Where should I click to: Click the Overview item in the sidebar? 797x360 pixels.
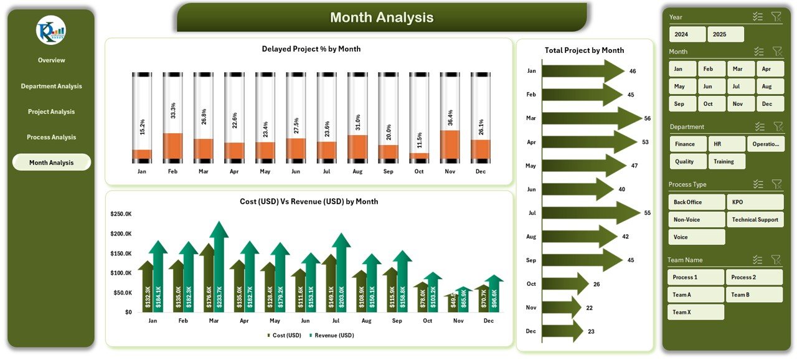click(x=51, y=60)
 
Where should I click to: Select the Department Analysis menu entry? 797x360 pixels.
click(x=51, y=86)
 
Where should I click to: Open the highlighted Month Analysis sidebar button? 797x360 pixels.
click(x=51, y=163)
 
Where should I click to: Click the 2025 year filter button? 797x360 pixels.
click(x=725, y=34)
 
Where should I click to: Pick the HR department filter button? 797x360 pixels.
click(x=726, y=144)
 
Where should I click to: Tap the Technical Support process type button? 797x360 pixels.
click(x=755, y=219)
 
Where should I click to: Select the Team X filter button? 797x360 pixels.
click(x=696, y=312)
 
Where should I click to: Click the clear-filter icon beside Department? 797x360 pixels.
click(x=776, y=126)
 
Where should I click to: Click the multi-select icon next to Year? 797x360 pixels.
click(x=758, y=17)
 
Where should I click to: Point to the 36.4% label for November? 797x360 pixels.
click(x=451, y=117)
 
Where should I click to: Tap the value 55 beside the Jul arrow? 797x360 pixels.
click(x=647, y=213)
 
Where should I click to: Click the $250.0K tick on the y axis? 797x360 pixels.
click(x=121, y=214)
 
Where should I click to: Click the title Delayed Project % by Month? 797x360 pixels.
click(x=311, y=49)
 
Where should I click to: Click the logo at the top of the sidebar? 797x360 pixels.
click(x=51, y=31)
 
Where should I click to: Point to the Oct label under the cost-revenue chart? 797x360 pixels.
click(x=427, y=321)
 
